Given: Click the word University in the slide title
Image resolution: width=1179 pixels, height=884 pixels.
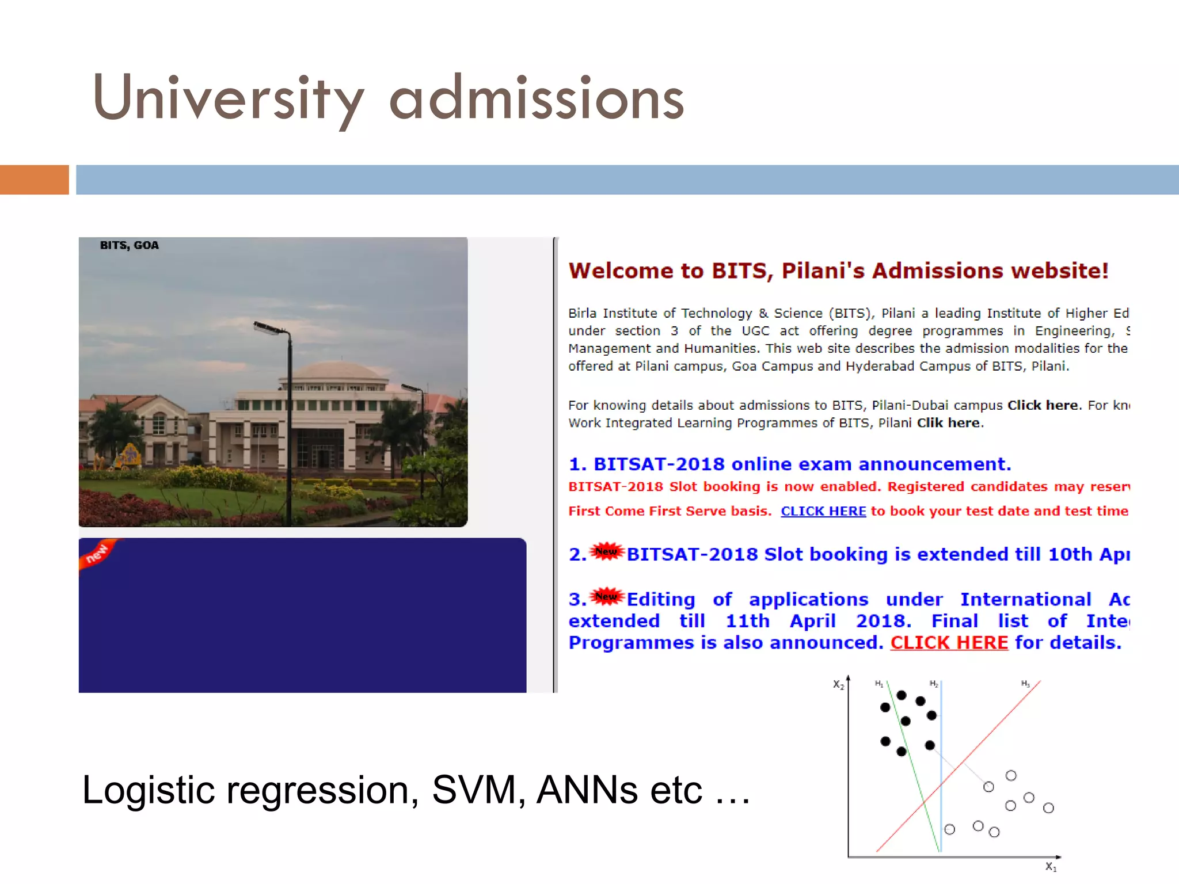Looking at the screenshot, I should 227,99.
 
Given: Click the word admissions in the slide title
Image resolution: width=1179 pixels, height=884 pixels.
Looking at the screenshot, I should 537,99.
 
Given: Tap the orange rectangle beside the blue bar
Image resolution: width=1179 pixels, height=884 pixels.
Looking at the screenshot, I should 34,180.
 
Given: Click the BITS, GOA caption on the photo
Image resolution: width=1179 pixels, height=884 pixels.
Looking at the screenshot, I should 129,245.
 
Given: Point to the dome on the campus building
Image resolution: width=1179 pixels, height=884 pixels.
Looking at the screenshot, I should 334,371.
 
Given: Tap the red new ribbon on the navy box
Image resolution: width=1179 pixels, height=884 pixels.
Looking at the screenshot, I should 97,554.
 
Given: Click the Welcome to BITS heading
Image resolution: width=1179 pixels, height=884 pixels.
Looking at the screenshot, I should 838,270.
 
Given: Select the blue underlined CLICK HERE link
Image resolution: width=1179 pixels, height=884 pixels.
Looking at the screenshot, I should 823,511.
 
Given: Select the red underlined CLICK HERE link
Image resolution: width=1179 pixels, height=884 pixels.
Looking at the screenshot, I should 949,642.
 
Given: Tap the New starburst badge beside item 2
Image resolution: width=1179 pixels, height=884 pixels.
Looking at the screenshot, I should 607,551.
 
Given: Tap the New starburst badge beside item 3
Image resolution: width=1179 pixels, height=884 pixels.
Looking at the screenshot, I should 607,596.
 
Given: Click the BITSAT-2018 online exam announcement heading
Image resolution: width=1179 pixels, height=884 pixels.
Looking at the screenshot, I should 790,464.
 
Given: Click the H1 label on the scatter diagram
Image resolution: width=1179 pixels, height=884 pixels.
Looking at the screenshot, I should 878,684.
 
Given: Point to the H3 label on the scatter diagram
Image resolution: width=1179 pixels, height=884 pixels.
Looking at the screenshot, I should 1025,684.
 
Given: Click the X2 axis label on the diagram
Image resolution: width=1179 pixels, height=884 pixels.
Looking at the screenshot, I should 838,685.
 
